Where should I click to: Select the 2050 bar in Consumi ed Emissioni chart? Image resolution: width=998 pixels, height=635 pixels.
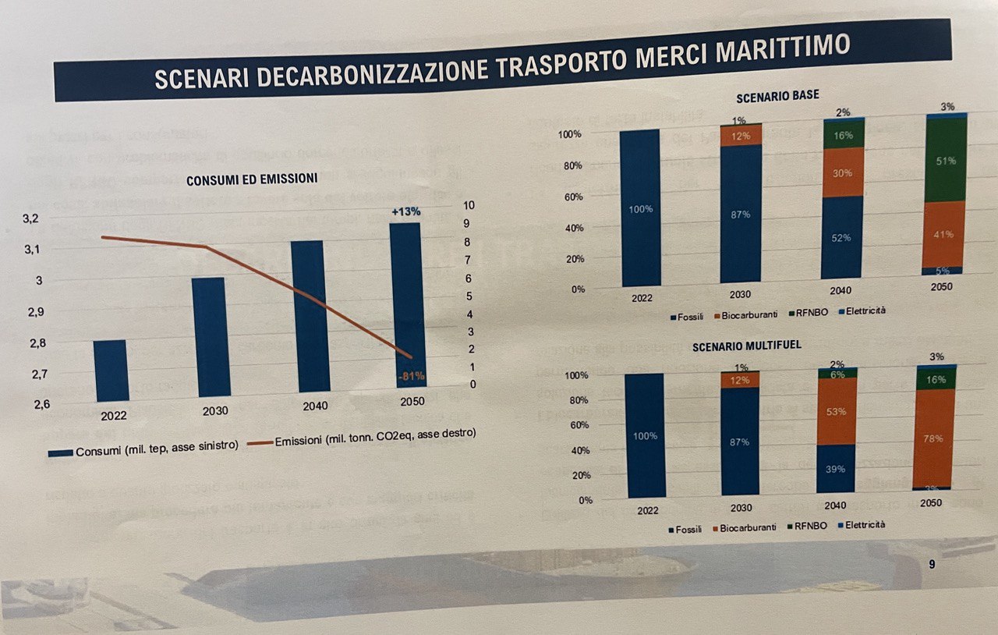(x=405, y=304)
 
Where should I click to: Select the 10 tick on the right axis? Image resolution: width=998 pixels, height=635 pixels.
(x=448, y=205)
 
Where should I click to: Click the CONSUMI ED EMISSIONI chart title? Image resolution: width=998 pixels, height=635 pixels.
(x=251, y=179)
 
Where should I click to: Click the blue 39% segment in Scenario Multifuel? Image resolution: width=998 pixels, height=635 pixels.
(x=837, y=469)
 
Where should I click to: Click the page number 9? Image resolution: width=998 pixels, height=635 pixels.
(x=932, y=564)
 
